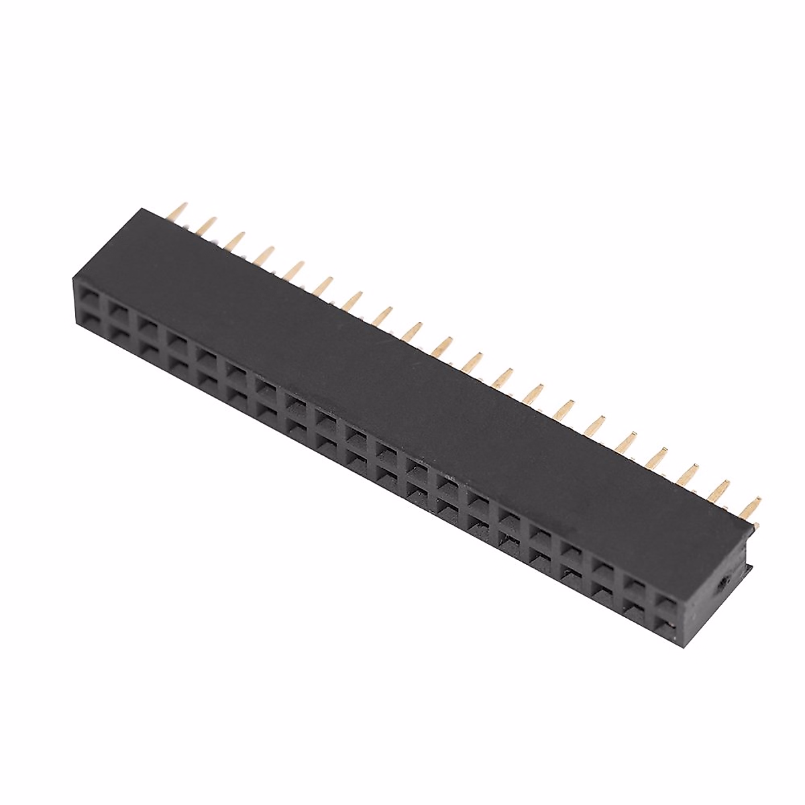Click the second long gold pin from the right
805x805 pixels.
[724, 488]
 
